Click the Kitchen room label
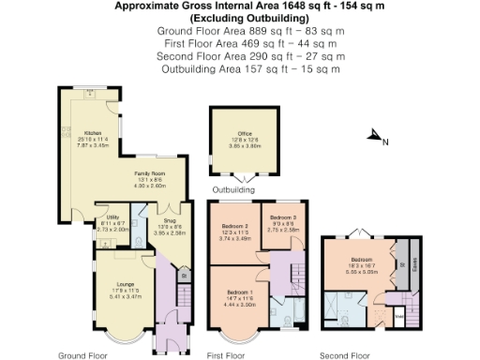(93, 133)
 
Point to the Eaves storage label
(415, 256)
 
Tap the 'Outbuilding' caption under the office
(233, 190)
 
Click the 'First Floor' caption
(226, 355)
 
